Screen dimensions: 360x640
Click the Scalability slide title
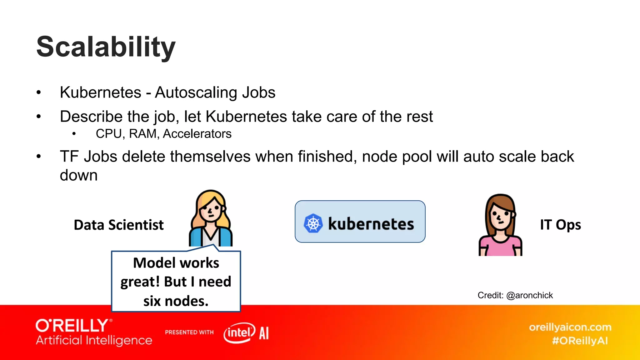click(106, 47)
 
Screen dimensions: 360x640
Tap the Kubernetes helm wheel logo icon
click(313, 223)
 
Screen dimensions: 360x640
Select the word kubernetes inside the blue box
click(371, 224)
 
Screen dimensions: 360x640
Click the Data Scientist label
click(119, 225)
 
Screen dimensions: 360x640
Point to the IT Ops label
click(560, 225)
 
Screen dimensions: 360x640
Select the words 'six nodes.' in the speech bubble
click(176, 301)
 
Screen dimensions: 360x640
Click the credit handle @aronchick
click(529, 295)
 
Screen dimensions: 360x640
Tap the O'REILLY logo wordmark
click(72, 326)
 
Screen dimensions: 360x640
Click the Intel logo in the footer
click(239, 333)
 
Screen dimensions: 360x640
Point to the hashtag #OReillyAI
click(580, 341)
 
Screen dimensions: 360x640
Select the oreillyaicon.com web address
click(570, 327)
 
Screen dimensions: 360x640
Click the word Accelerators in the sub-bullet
click(197, 134)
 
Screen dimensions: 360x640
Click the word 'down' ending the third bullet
click(79, 175)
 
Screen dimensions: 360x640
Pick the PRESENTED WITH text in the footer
click(189, 332)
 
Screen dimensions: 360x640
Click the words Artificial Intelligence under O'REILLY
click(94, 340)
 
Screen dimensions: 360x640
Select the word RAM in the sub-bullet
click(143, 134)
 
